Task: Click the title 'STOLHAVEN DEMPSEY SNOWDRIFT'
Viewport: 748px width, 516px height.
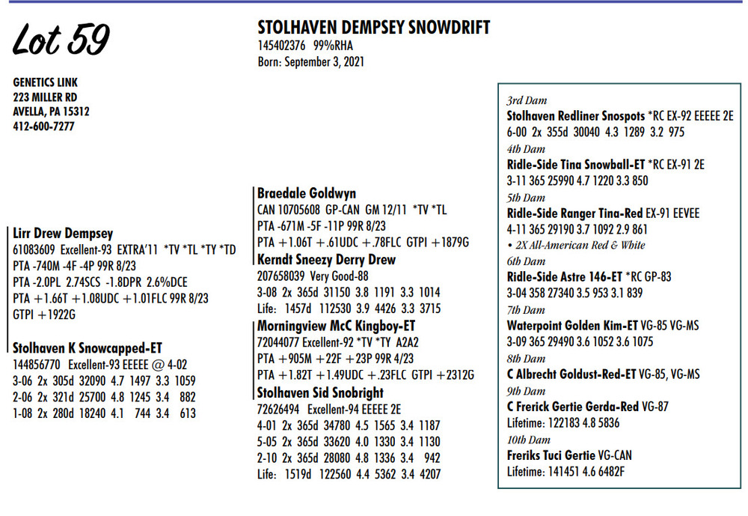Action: (373, 28)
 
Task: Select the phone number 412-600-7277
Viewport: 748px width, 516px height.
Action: (43, 127)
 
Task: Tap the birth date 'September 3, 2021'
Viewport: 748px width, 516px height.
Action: (326, 62)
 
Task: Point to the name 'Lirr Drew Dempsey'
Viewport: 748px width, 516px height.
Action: (64, 234)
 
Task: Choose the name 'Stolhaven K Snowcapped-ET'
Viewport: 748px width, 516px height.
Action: (88, 347)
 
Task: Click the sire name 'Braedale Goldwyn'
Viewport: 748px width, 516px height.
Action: (307, 193)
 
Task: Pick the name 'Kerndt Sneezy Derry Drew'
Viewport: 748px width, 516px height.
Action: (326, 260)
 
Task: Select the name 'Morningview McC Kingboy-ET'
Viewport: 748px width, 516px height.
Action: (336, 327)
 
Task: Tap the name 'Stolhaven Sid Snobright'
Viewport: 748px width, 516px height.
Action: (320, 392)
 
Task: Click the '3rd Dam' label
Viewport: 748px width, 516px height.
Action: (527, 100)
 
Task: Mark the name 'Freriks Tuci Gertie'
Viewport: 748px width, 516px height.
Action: (550, 455)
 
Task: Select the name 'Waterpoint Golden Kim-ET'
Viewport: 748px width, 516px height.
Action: (572, 326)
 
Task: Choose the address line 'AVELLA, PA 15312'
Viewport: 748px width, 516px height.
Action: (51, 112)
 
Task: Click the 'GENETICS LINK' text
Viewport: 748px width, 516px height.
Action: (45, 82)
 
